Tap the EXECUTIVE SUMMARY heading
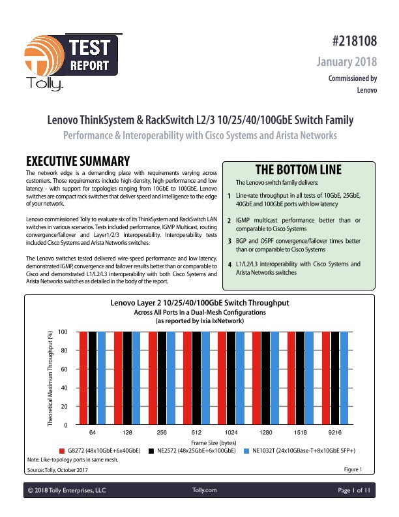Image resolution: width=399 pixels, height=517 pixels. [78, 161]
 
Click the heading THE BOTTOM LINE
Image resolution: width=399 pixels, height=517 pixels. [299, 169]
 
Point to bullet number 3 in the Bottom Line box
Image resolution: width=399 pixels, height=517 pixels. [230, 242]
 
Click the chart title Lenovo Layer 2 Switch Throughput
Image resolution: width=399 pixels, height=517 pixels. [199, 304]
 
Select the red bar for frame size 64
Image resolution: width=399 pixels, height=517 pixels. [83, 378]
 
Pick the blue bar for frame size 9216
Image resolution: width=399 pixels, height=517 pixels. [345, 378]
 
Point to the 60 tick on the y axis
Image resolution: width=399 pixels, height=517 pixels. [63, 369]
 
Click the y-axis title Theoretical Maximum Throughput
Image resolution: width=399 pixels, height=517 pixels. [50, 379]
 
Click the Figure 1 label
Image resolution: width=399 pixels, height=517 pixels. [352, 469]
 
